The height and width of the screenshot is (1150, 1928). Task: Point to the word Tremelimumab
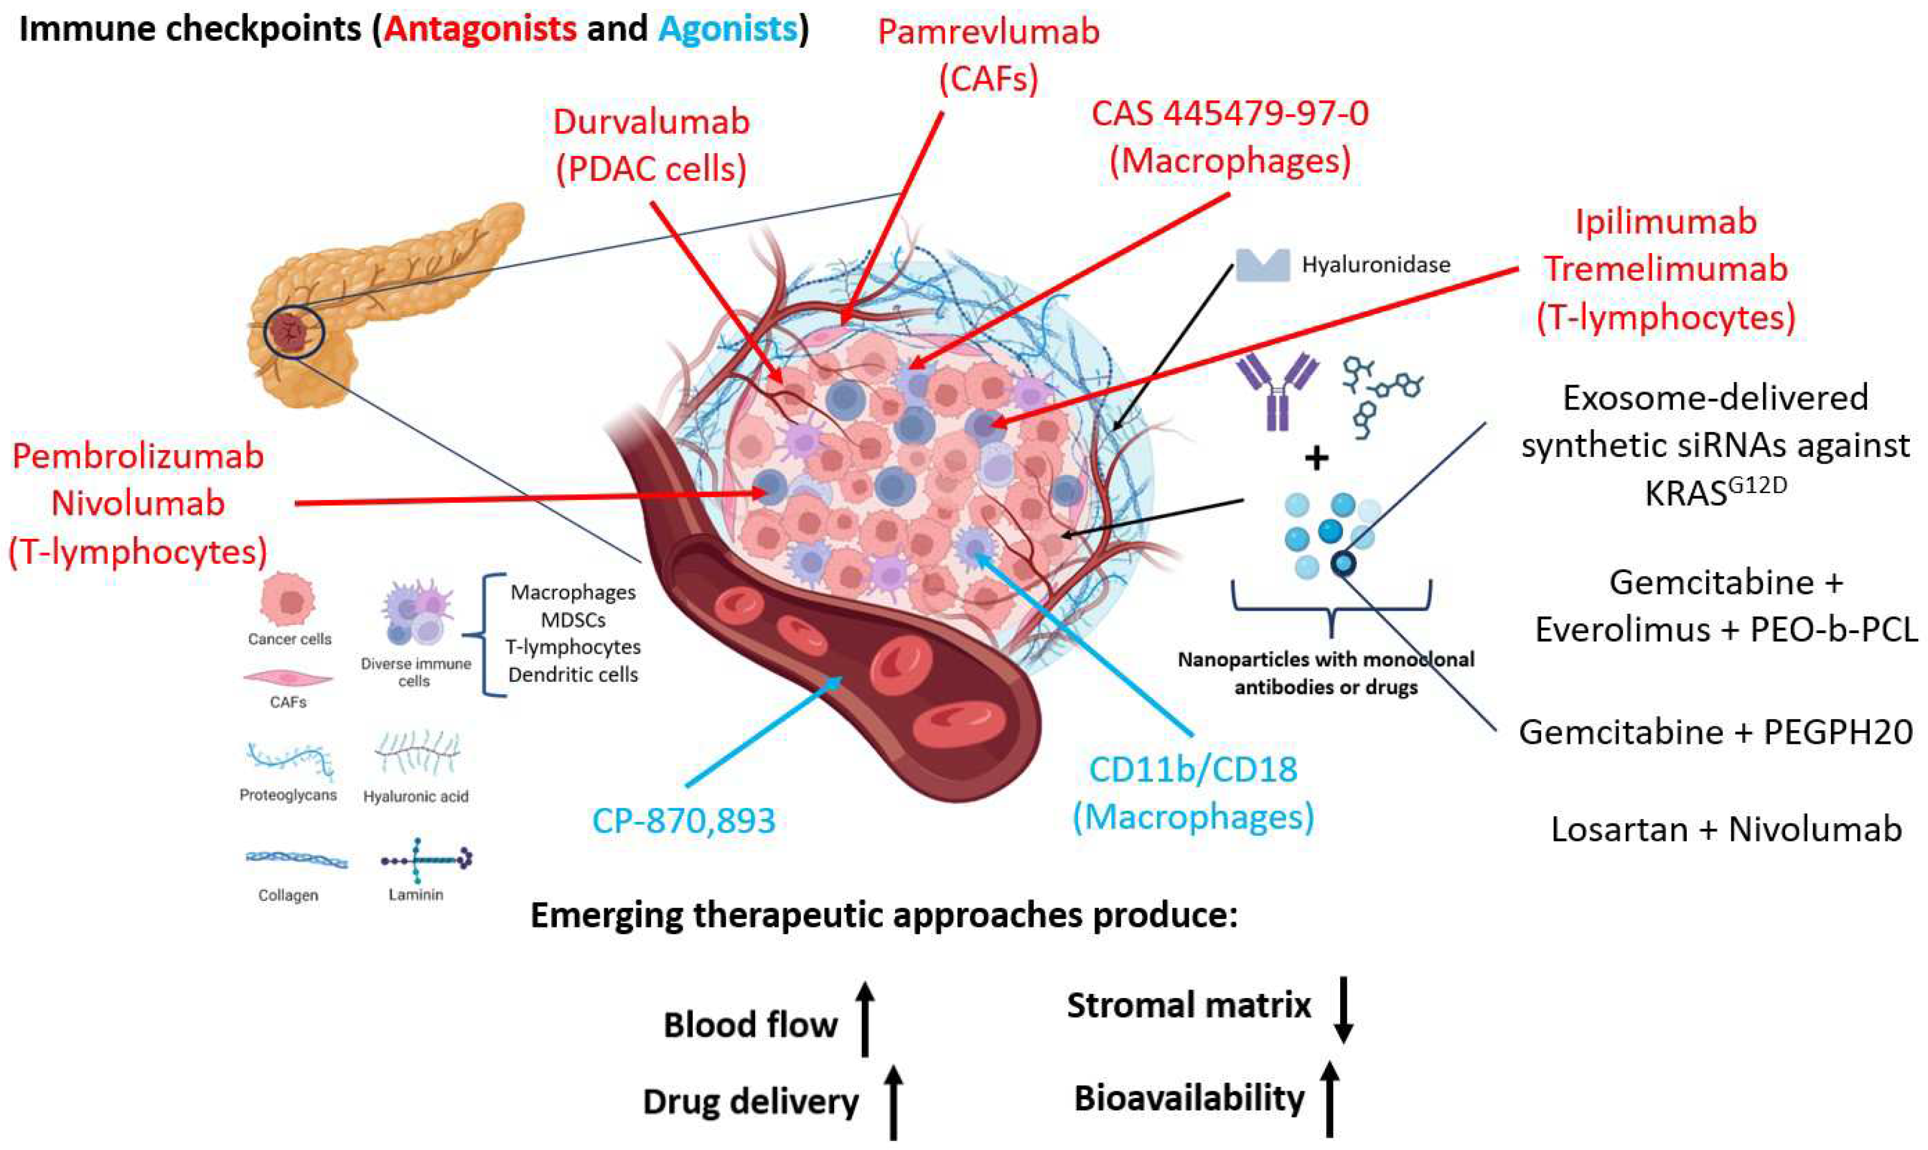tap(1665, 269)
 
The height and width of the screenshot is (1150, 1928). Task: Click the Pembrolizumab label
tap(138, 456)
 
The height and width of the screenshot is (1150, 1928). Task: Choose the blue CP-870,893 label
tap(683, 821)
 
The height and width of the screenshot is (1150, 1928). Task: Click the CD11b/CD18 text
tap(1193, 769)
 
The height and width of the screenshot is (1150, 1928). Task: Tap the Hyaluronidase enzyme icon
tap(1262, 264)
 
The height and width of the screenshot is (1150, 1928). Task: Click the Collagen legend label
tap(288, 895)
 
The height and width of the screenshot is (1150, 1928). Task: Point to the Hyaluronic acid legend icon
tap(417, 752)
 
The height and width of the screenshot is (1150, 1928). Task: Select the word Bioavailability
tap(1189, 1099)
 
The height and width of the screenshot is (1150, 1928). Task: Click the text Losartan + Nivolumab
tap(1726, 829)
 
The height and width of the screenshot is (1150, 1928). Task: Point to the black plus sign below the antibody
tap(1316, 458)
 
